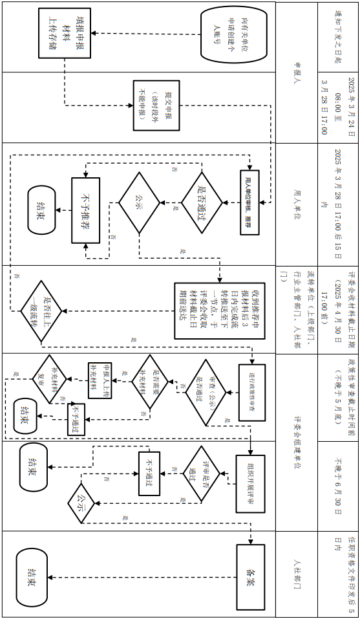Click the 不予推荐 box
[85, 210]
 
